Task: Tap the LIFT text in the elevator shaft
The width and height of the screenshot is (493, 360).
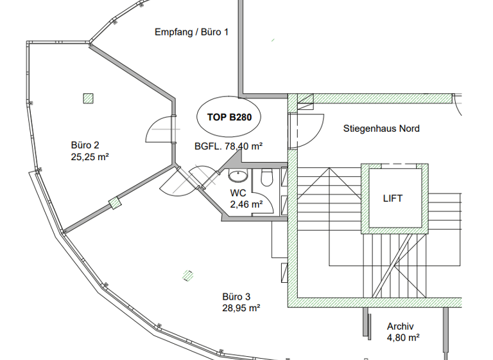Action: tap(392, 199)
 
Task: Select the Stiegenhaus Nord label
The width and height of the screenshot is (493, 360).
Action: tap(381, 129)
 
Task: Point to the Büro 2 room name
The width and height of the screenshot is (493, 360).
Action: tap(85, 145)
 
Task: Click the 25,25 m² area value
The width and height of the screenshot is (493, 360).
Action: tap(89, 156)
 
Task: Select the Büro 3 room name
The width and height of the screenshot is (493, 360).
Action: tap(236, 296)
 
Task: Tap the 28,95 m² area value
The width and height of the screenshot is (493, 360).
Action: tap(241, 308)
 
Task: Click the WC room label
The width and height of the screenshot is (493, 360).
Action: tap(238, 193)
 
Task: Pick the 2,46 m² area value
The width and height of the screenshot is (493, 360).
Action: tap(246, 204)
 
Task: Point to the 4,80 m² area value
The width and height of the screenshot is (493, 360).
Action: tap(403, 336)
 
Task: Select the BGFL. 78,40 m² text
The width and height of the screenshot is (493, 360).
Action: tap(229, 147)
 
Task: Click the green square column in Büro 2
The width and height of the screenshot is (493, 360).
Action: tap(88, 98)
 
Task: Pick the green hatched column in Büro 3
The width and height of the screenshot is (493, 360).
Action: tap(187, 275)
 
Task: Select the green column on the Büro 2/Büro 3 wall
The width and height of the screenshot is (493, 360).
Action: tap(116, 203)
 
